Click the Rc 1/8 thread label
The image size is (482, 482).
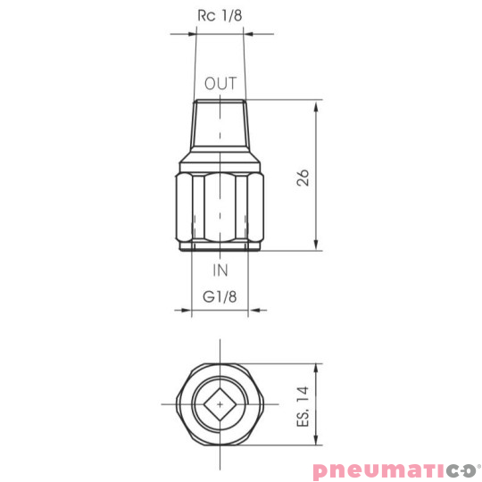220,15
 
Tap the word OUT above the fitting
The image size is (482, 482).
220,84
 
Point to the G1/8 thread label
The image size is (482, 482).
220,295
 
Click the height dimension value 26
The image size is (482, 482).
303,176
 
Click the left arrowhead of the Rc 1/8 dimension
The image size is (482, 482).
189,35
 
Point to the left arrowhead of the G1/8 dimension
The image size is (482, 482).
186,312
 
